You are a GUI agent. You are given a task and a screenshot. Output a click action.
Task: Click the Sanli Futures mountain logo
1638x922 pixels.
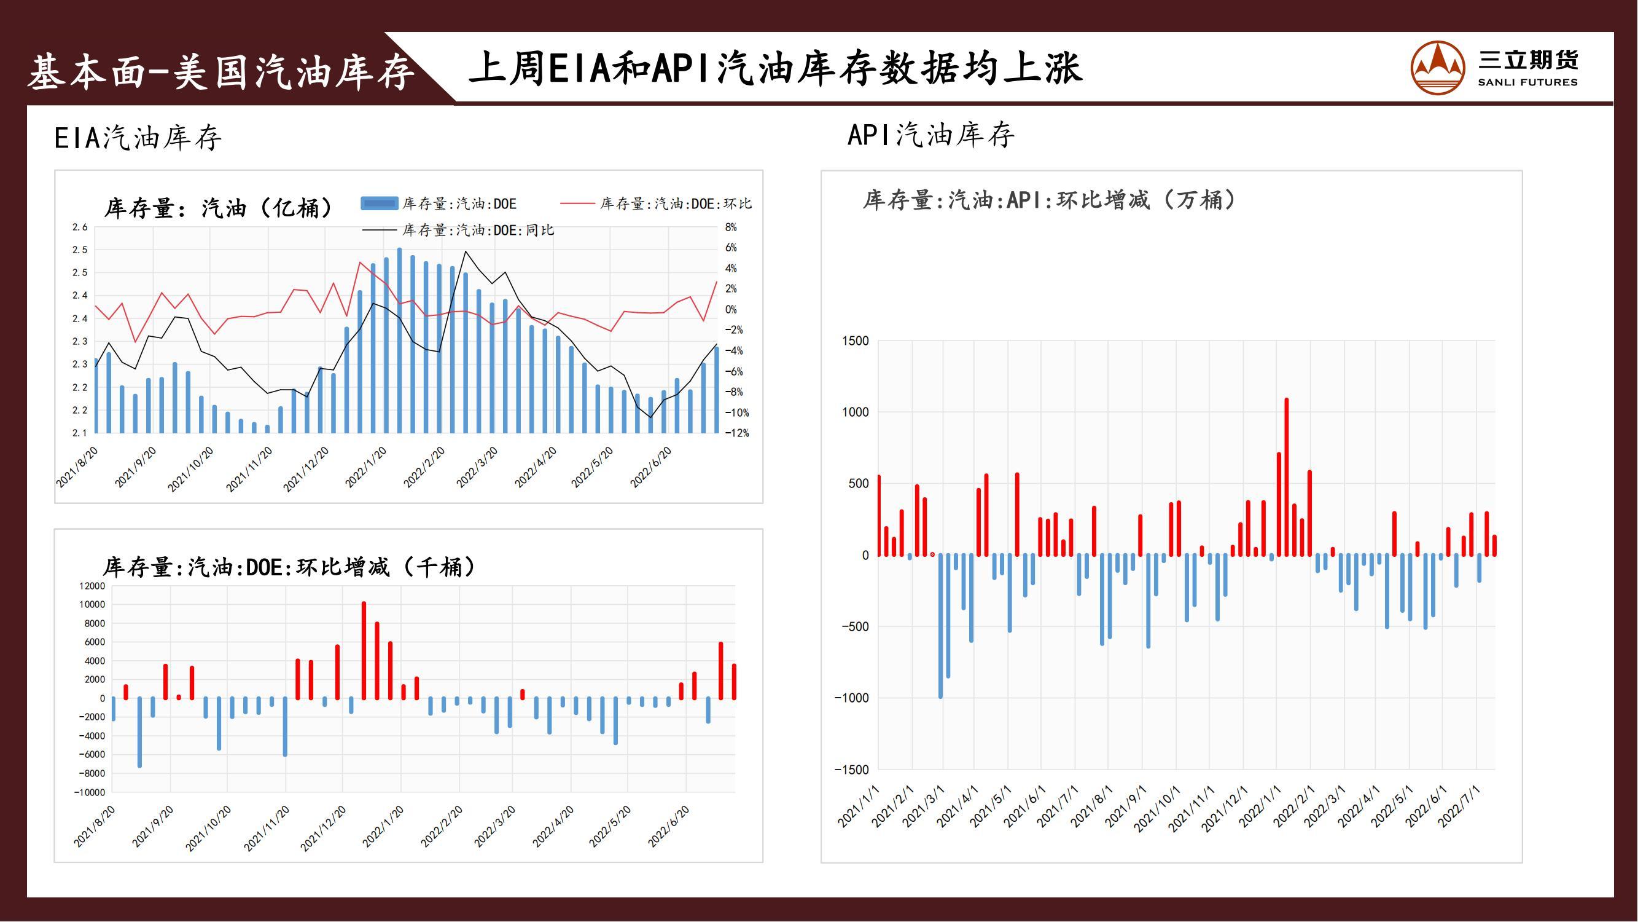(1438, 68)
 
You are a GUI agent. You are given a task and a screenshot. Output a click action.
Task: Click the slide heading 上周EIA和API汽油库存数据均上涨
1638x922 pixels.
(775, 69)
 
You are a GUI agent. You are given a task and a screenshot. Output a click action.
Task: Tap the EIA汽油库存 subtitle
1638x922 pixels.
(138, 138)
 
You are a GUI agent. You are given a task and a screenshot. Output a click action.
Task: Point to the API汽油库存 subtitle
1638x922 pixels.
(931, 135)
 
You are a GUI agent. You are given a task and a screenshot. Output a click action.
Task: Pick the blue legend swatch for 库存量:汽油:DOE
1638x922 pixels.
(380, 203)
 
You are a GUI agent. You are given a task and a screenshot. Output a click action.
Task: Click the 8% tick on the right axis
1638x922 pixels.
(731, 227)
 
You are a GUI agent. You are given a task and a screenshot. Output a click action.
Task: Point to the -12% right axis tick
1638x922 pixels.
(737, 433)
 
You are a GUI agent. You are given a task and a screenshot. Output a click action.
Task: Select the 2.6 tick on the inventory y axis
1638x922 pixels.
(79, 227)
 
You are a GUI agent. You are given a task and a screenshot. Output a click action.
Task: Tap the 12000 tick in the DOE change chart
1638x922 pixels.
(92, 586)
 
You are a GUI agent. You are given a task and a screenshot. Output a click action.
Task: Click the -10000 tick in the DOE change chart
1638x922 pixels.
(90, 793)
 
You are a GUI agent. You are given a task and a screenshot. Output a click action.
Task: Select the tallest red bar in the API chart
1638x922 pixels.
(1286, 477)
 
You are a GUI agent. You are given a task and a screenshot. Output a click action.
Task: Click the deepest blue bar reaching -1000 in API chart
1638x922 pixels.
(941, 626)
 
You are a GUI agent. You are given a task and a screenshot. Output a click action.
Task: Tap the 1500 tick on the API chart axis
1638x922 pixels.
(856, 341)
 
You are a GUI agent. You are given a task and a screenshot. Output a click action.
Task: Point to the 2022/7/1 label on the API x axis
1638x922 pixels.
(1460, 806)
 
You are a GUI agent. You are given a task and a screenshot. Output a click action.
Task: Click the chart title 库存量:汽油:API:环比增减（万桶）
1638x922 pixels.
(1049, 200)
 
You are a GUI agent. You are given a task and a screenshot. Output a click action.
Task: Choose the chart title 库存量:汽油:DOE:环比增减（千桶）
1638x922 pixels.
(289, 567)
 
